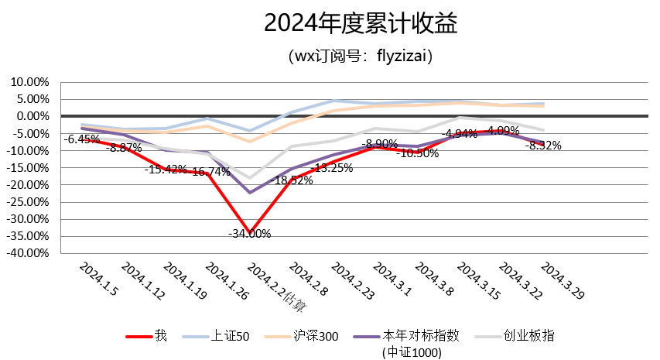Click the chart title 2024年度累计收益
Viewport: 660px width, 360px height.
(361, 24)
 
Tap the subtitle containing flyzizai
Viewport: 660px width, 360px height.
(360, 56)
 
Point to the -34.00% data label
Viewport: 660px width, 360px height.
(249, 233)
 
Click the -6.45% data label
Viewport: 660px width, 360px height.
(81, 139)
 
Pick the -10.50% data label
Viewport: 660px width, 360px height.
(417, 153)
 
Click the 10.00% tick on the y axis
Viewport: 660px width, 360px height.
(29, 82)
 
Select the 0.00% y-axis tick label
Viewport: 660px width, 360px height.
(31, 116)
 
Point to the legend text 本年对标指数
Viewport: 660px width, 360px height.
(422, 336)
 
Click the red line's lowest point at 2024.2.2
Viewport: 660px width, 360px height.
(250, 232)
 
